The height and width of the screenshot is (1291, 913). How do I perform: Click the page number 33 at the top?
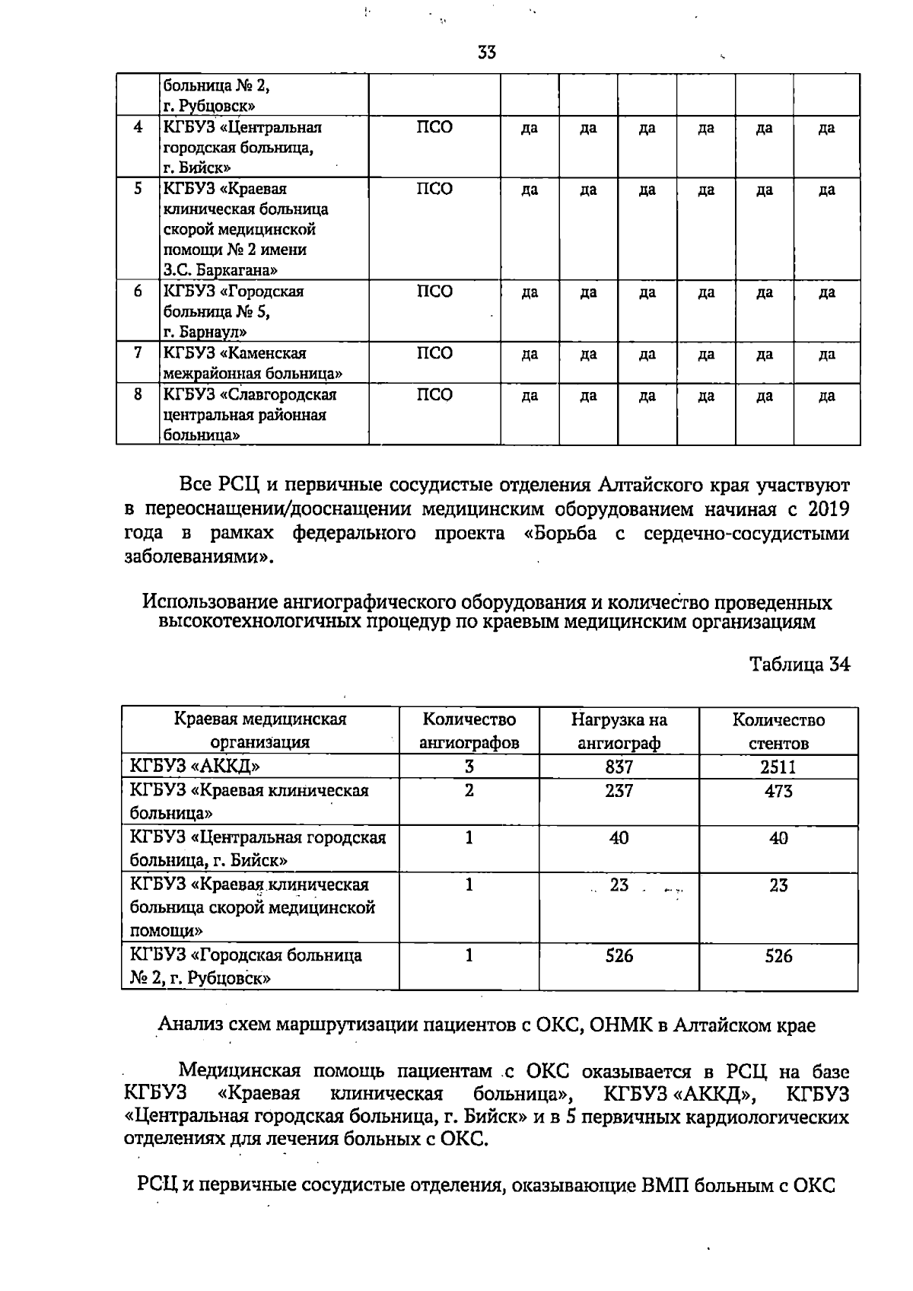pyautogui.click(x=487, y=53)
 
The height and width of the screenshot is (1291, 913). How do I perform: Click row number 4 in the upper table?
pyautogui.click(x=138, y=127)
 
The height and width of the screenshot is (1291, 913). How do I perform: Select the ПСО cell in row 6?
pyautogui.click(x=434, y=292)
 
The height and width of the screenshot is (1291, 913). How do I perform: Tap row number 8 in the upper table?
pyautogui.click(x=138, y=394)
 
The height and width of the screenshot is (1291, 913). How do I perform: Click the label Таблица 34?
pyautogui.click(x=799, y=665)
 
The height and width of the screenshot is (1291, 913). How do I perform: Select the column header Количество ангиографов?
pyautogui.click(x=469, y=731)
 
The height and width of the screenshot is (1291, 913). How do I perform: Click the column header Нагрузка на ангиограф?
pyautogui.click(x=619, y=731)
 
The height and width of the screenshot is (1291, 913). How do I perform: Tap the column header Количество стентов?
pyautogui.click(x=778, y=731)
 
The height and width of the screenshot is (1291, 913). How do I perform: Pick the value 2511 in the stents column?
pyautogui.click(x=778, y=767)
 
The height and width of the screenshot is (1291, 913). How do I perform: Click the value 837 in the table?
pyautogui.click(x=619, y=767)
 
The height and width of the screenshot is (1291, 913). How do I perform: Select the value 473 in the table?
pyautogui.click(x=778, y=791)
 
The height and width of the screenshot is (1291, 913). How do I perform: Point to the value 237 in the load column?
pyautogui.click(x=619, y=791)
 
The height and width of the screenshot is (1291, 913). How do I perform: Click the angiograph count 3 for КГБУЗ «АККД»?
pyautogui.click(x=469, y=767)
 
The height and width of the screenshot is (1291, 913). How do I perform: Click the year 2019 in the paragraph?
pyautogui.click(x=828, y=508)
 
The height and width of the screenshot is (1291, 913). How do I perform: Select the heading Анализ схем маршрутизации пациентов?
pyautogui.click(x=487, y=1025)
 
